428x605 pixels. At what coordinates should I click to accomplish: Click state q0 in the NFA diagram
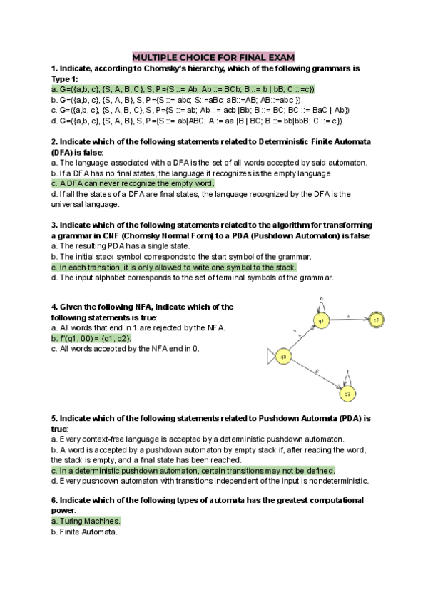point(283,356)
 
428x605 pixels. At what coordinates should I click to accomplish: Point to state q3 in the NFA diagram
point(347,394)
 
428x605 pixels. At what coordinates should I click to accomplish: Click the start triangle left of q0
point(269,356)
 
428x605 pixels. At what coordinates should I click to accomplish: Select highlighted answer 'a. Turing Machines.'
point(86,522)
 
